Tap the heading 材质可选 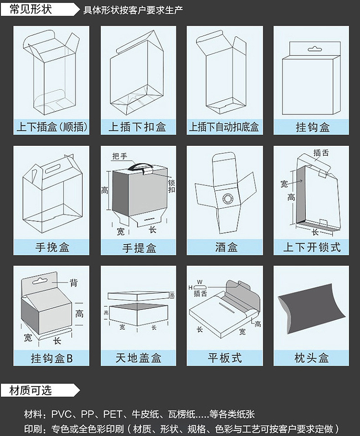point(31,390)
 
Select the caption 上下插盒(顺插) point(51,127)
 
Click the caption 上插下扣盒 point(138,127)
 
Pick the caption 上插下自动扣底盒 point(224,127)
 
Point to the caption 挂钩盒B point(51,358)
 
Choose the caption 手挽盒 point(51,247)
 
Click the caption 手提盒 point(138,247)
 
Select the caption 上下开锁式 point(312,247)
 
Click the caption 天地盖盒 point(138,358)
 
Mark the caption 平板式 point(225,358)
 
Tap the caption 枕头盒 point(312,358)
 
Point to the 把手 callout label point(119,156)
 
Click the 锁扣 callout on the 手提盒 point(171,186)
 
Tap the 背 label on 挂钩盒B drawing point(73,283)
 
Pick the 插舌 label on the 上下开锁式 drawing point(321,153)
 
